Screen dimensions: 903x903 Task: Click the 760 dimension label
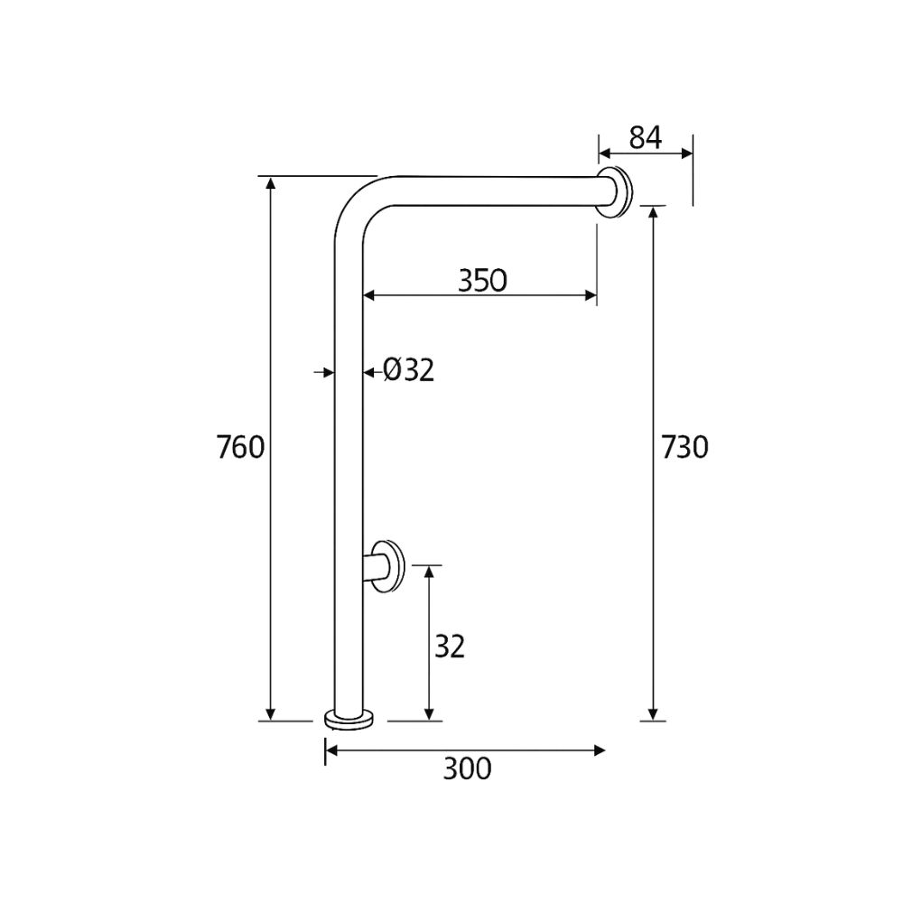coord(240,447)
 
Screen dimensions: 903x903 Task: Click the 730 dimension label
coord(684,447)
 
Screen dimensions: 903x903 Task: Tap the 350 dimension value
coord(482,280)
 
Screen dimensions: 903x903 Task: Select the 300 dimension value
coord(467,768)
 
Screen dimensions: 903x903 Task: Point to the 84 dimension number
coord(645,137)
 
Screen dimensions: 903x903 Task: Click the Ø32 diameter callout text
coord(408,370)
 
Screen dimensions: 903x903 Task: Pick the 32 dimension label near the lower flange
coord(449,647)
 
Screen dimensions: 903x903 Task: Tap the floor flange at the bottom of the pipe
coord(349,719)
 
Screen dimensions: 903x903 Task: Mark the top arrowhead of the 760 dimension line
coord(270,183)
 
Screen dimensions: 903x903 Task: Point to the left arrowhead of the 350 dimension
coord(369,294)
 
